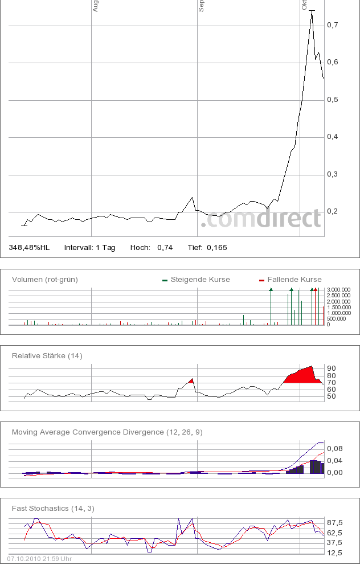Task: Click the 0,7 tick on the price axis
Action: tap(333, 25)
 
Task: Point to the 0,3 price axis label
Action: tap(333, 174)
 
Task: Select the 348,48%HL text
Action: tap(29, 248)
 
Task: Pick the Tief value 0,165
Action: tap(216, 248)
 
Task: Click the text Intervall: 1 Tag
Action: tap(89, 248)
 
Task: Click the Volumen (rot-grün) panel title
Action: tap(45, 280)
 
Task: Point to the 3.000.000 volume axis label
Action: tap(339, 290)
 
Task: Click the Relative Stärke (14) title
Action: tap(47, 356)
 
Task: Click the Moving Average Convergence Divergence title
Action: tap(107, 432)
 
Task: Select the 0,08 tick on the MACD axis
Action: tap(334, 449)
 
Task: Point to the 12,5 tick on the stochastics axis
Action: tap(334, 553)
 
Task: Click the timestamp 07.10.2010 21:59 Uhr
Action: tap(39, 559)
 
